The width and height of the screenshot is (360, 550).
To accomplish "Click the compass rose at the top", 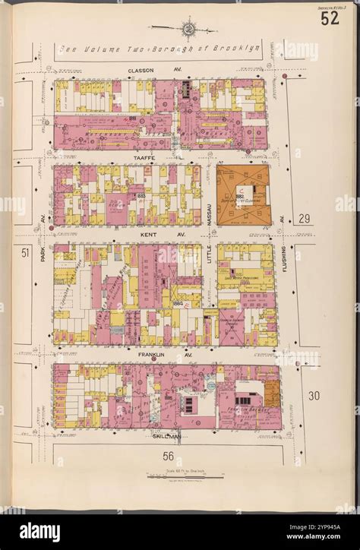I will tap(186, 29).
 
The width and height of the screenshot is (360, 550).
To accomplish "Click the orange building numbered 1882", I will tap(244, 193).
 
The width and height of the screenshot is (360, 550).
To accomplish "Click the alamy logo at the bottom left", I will tap(39, 531).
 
